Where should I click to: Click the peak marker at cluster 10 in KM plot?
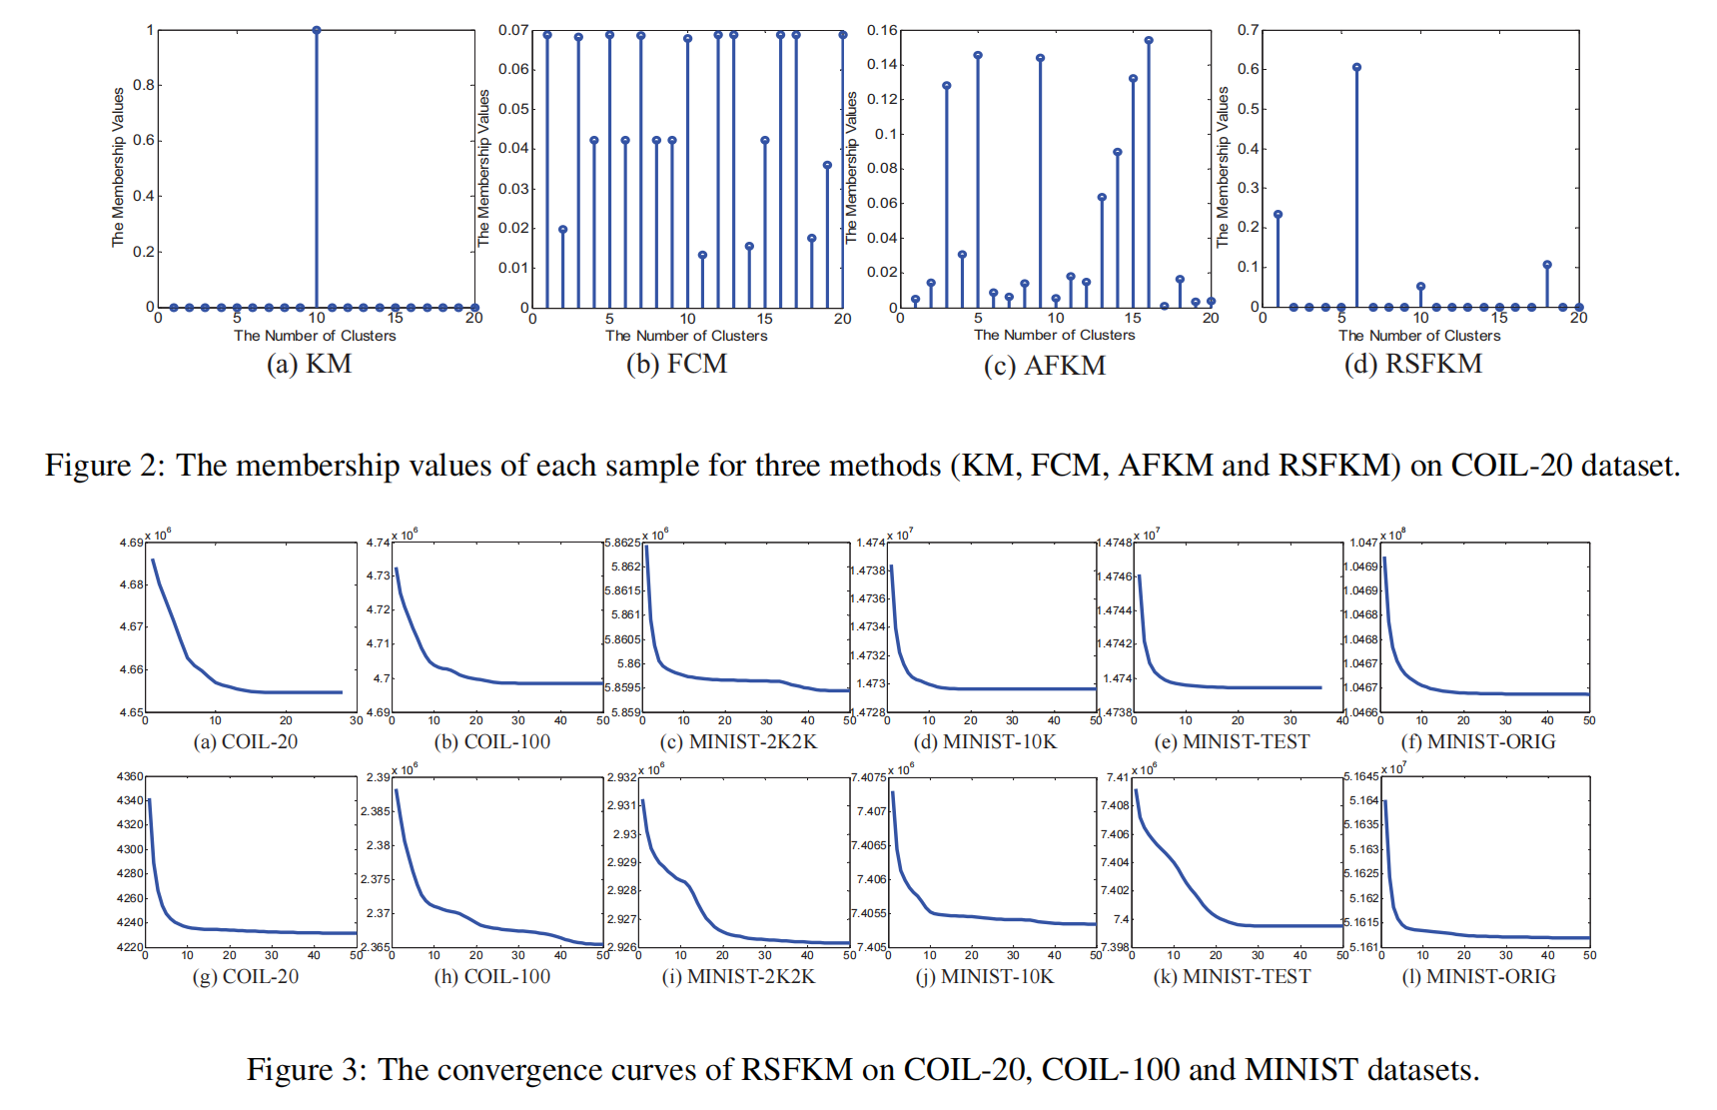tap(317, 30)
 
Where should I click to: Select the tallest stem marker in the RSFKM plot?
tap(1356, 67)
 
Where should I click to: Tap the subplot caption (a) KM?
tap(309, 364)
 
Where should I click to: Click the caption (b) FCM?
tap(676, 364)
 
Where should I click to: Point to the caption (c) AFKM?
tap(1044, 366)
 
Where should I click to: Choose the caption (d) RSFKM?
tap(1412, 364)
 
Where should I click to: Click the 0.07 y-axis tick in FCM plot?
tap(513, 30)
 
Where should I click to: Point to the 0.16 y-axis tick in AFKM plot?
tap(882, 30)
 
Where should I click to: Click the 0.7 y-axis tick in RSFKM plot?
tap(1249, 30)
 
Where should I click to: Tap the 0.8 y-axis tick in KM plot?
tap(145, 85)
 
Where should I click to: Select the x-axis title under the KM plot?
tap(315, 336)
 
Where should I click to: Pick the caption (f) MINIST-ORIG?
tap(1478, 741)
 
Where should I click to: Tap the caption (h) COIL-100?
tap(491, 976)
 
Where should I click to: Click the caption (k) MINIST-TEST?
tap(1232, 976)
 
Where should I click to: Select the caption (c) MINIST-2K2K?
tap(738, 741)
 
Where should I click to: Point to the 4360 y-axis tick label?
tap(130, 776)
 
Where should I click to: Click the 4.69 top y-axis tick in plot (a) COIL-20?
tap(132, 543)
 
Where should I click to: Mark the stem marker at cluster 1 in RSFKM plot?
tap(1278, 214)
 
